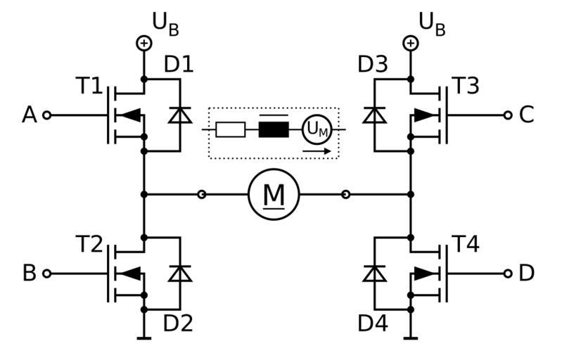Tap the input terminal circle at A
click(x=47, y=115)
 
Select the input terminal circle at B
click(x=47, y=273)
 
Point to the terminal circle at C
click(x=508, y=115)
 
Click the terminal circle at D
click(x=508, y=273)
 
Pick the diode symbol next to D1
click(x=180, y=115)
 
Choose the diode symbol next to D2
click(x=180, y=273)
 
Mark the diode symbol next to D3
click(x=373, y=115)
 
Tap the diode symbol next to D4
click(x=373, y=273)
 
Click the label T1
click(x=89, y=88)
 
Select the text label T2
click(x=89, y=245)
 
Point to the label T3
click(x=465, y=86)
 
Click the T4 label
click(x=465, y=245)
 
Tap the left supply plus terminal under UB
click(x=143, y=44)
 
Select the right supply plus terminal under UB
click(x=410, y=44)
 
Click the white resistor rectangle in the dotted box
click(x=231, y=130)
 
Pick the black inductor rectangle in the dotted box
click(x=274, y=130)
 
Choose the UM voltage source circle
click(x=316, y=130)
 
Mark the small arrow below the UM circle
click(x=316, y=150)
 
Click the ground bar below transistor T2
click(x=143, y=338)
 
